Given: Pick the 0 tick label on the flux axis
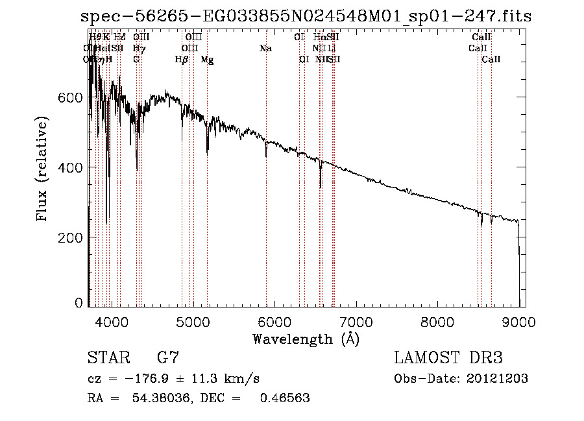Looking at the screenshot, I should pyautogui.click(x=79, y=302).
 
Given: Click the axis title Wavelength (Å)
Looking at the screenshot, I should pyautogui.click(x=306, y=339).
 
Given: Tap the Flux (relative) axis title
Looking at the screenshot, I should pyautogui.click(x=43, y=169).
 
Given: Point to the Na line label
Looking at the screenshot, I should pyautogui.click(x=265, y=48).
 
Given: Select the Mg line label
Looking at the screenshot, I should pyautogui.click(x=207, y=60).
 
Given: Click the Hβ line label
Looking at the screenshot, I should pyautogui.click(x=182, y=60).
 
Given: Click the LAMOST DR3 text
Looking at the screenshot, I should pyautogui.click(x=448, y=358).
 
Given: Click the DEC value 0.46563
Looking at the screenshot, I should pyautogui.click(x=284, y=398).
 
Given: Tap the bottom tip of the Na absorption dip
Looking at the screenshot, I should pyautogui.click(x=265, y=157).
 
